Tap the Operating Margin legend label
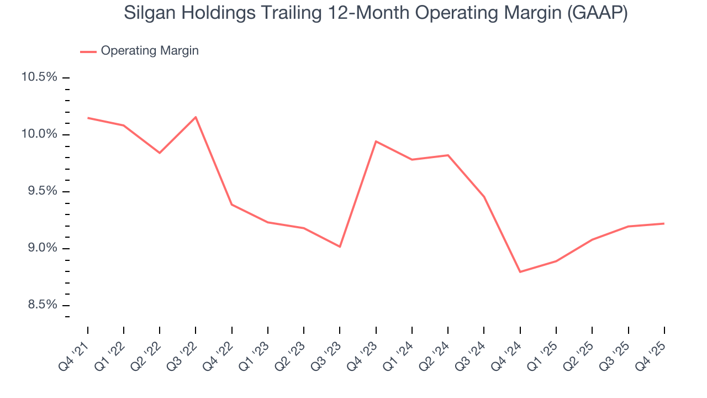[x=150, y=51]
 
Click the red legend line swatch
[x=88, y=51]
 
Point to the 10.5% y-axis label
[x=39, y=77]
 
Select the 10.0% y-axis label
[x=39, y=134]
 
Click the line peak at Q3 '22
[x=196, y=117]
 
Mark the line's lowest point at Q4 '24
[x=520, y=272]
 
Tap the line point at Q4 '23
[x=376, y=142]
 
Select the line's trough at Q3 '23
[x=340, y=247]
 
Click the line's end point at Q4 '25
[x=663, y=223]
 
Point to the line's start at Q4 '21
[x=88, y=118]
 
